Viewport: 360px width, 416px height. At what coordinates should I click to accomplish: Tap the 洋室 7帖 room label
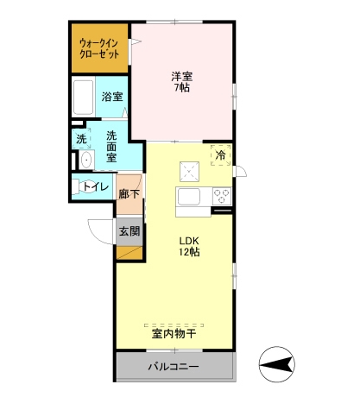[x=181, y=82]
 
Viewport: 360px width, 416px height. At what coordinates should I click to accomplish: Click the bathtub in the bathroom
[x=84, y=98]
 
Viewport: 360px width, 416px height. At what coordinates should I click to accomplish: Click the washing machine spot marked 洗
[x=81, y=138]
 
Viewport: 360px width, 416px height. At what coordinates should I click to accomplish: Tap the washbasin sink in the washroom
[x=85, y=161]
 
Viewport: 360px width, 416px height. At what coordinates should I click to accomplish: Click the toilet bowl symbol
[x=79, y=186]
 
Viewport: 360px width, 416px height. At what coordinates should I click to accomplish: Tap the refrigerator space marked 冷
[x=220, y=155]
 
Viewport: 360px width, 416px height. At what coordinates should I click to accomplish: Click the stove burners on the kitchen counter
[x=221, y=194]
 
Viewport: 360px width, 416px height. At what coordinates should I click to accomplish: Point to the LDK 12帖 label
[x=190, y=246]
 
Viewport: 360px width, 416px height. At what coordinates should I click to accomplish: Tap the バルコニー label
[x=173, y=367]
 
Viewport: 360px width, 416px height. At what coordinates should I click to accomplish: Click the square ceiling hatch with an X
[x=189, y=168]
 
